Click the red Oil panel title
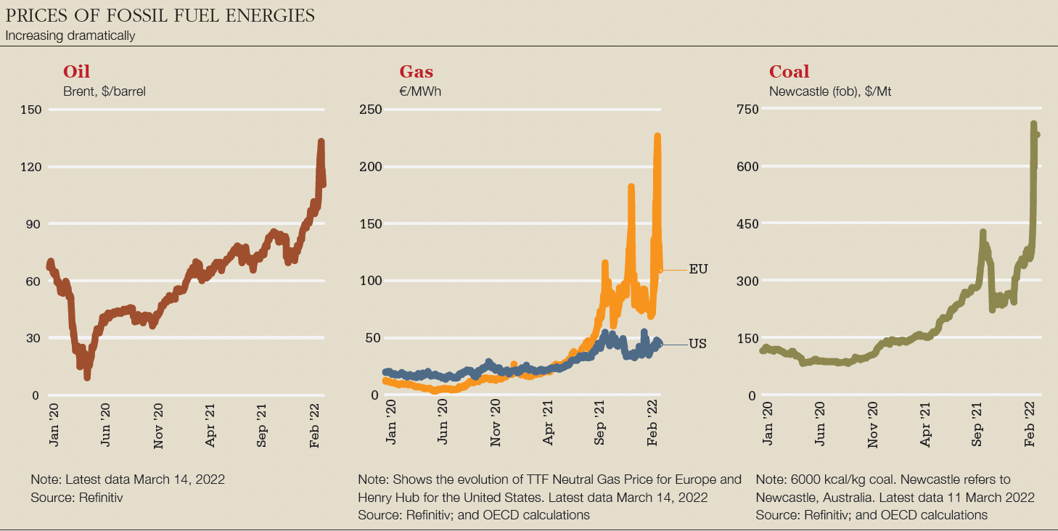click(x=76, y=72)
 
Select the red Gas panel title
click(x=416, y=72)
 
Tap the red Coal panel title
click(x=789, y=72)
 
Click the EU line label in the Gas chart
click(x=697, y=269)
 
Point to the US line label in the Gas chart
click(x=697, y=344)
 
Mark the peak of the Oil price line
click(x=321, y=142)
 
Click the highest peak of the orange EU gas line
click(x=657, y=136)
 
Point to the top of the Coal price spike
click(x=1033, y=125)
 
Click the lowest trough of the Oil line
click(x=87, y=376)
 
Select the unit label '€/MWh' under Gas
click(x=420, y=91)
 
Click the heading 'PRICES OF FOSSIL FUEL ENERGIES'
click(x=160, y=16)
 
